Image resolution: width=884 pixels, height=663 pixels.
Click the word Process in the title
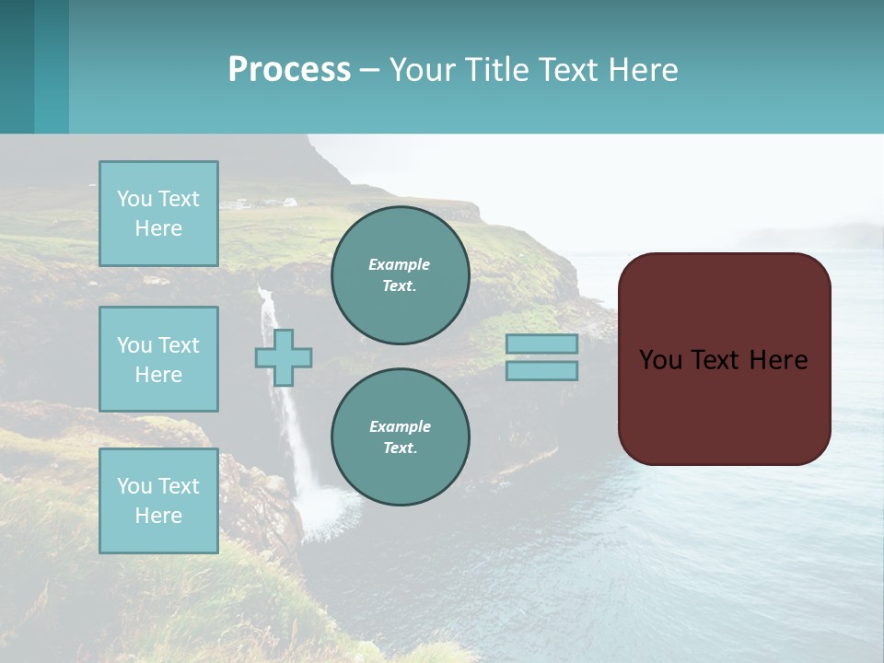coord(289,70)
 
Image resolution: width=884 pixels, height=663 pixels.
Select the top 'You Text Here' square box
coord(158,214)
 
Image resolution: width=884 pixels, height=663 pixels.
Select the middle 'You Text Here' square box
coord(158,359)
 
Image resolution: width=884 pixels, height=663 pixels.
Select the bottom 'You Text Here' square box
coord(158,501)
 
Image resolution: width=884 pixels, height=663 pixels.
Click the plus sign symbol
coord(284,358)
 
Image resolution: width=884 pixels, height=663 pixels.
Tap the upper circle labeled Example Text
coord(401,275)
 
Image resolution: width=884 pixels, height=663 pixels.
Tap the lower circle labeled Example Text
coord(401,437)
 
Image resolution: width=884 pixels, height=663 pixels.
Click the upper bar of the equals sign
coord(541,343)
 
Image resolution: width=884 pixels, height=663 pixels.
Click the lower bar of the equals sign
coord(541,371)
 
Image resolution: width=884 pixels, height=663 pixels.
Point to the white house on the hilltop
coord(289,202)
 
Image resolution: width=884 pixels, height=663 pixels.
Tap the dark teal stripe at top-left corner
coord(17,66)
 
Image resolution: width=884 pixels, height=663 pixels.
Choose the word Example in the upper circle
coord(400,265)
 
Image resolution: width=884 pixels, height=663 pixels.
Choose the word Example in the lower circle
coord(400,427)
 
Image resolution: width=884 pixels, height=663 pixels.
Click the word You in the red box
coord(660,360)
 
